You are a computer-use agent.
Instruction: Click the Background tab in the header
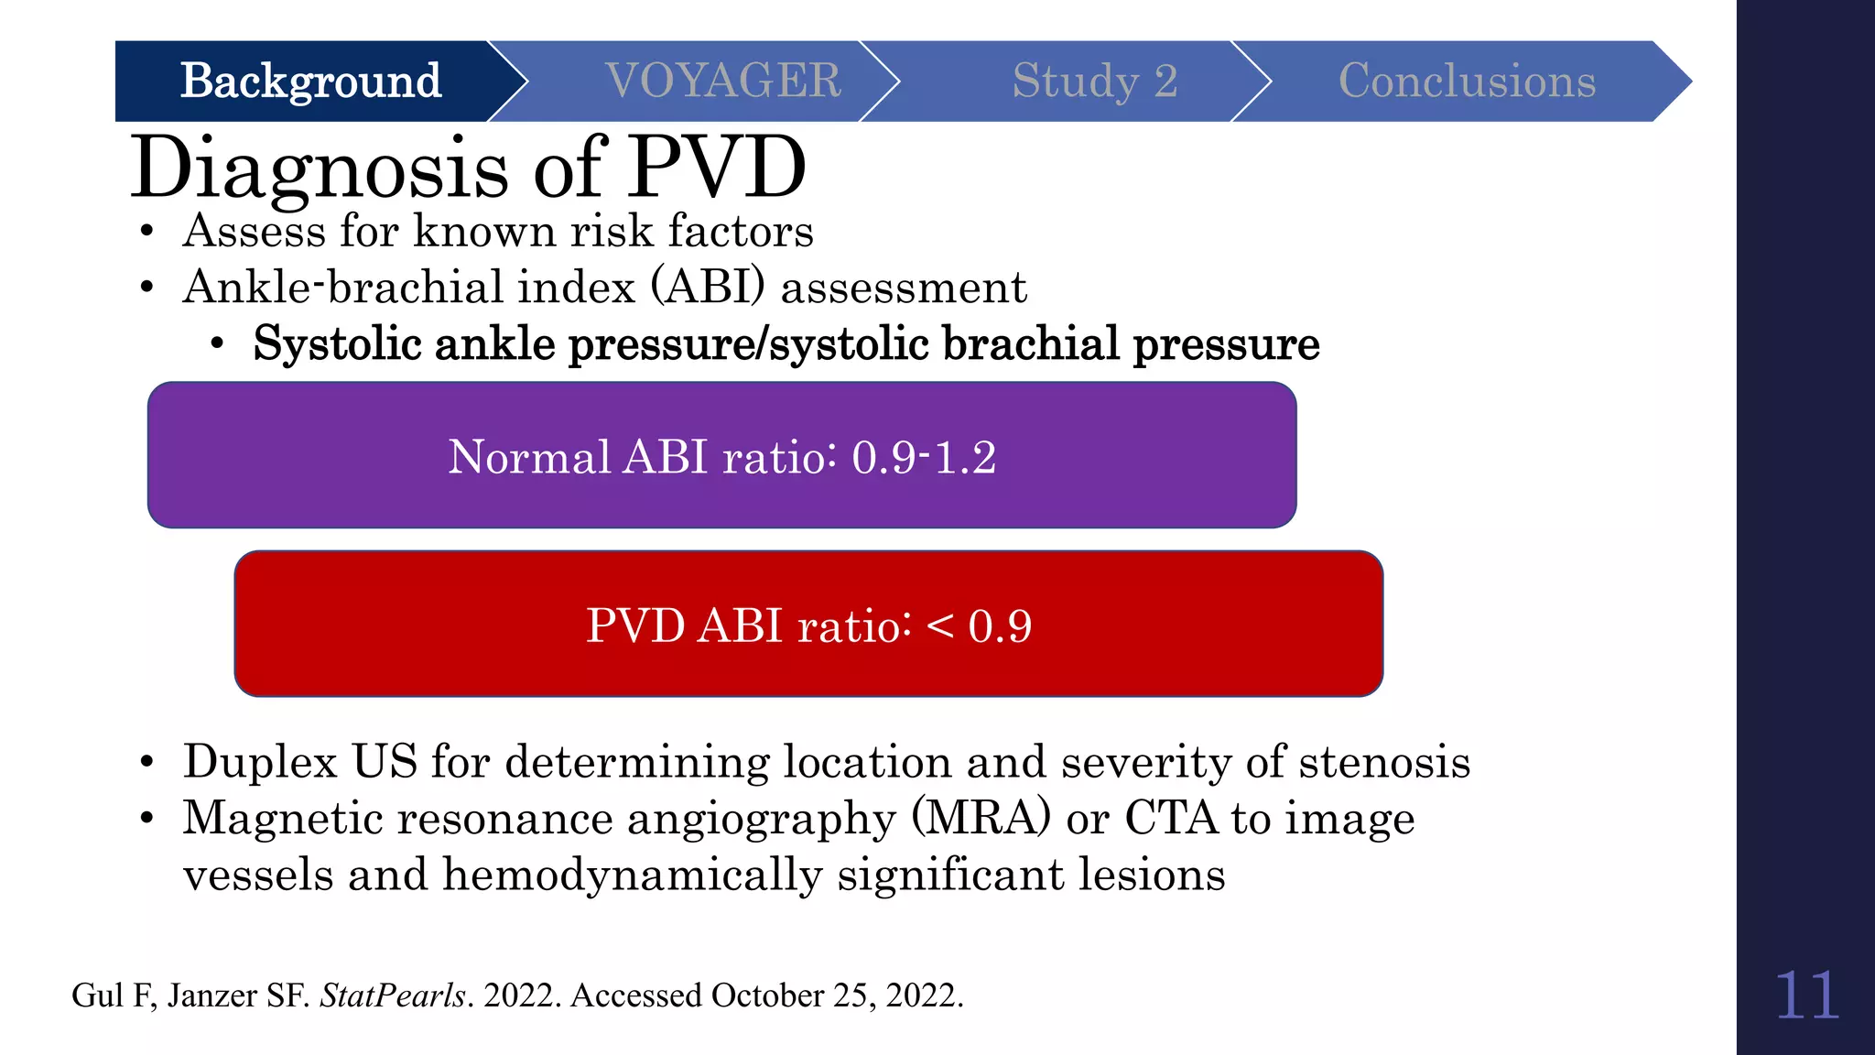click(310, 82)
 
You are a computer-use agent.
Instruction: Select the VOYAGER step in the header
click(723, 82)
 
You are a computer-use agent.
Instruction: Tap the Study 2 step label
click(1094, 82)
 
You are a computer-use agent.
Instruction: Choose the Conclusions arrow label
click(1467, 82)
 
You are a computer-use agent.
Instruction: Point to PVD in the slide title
click(716, 168)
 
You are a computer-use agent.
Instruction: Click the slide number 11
click(1805, 996)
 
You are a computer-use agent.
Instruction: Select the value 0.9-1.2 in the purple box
click(923, 457)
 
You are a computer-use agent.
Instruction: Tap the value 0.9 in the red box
click(1000, 626)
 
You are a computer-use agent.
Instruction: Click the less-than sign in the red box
click(940, 626)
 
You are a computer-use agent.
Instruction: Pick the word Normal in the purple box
click(528, 457)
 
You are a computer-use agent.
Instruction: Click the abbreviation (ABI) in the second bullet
click(708, 288)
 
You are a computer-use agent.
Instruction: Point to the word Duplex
click(260, 763)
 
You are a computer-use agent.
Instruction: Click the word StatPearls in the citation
click(393, 995)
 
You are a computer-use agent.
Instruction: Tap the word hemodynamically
click(633, 875)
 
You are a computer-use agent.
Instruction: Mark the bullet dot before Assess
click(146, 232)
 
